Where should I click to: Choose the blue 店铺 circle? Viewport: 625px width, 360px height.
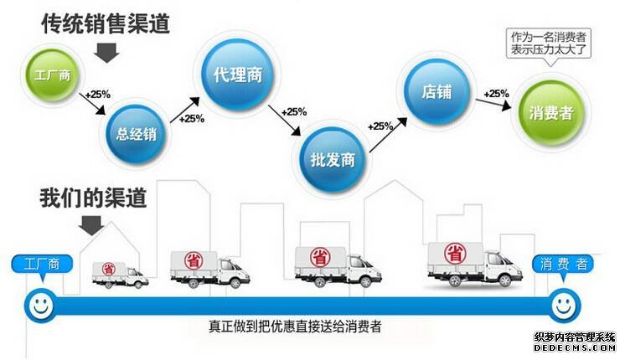tap(436, 90)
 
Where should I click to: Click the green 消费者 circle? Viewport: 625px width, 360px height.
tap(550, 112)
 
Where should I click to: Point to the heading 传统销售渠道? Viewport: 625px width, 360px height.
tap(106, 23)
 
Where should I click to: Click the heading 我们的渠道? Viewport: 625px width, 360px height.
tap(93, 198)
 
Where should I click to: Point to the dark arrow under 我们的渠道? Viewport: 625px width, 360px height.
tap(90, 224)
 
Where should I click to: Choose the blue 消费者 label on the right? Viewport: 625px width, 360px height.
tap(562, 265)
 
